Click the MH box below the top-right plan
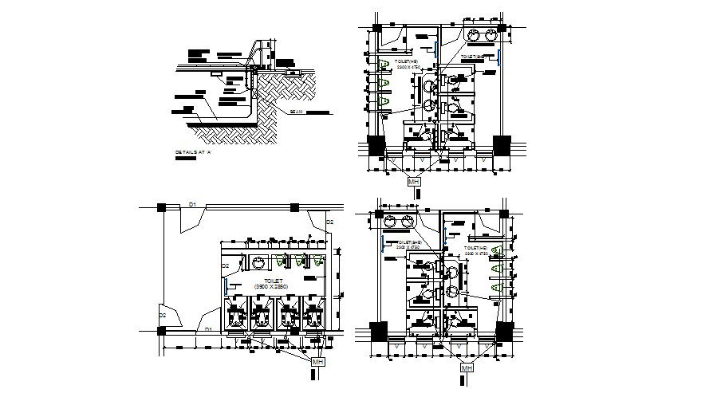click(x=413, y=183)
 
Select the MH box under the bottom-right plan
click(x=466, y=368)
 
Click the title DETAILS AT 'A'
click(x=192, y=151)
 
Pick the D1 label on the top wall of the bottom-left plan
click(x=192, y=206)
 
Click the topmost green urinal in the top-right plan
click(x=384, y=65)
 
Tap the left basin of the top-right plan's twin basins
click(x=474, y=34)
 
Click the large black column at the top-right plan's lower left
click(x=375, y=147)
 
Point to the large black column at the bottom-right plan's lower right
click(x=504, y=332)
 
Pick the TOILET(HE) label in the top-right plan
click(x=407, y=61)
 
